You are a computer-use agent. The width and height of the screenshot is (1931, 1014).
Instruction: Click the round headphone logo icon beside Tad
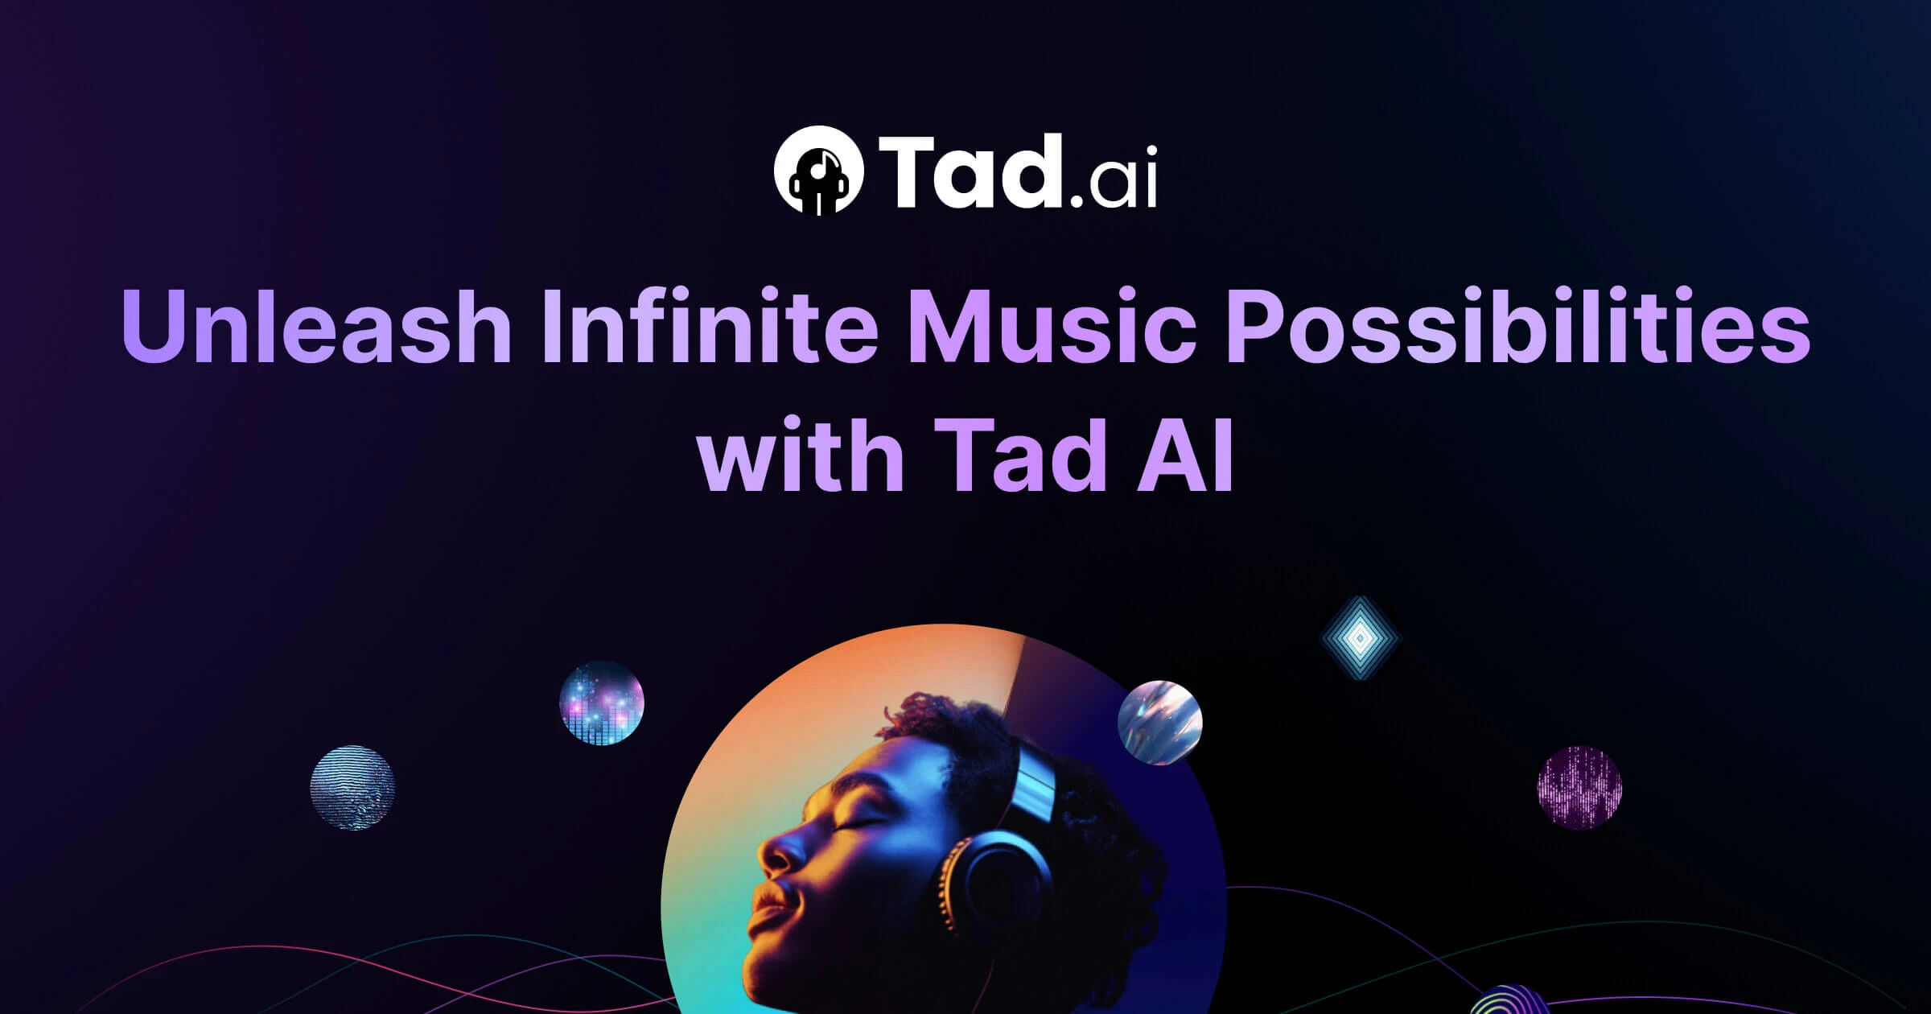(x=818, y=170)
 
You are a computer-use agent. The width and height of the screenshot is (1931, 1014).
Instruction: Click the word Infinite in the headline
(x=710, y=329)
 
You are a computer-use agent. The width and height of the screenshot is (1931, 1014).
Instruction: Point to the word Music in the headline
(x=1052, y=329)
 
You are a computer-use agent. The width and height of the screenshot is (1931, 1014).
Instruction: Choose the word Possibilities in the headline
(x=1518, y=329)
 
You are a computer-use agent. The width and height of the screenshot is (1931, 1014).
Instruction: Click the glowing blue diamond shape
(x=1360, y=638)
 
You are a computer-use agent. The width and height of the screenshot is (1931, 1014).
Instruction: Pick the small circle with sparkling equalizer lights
(x=602, y=703)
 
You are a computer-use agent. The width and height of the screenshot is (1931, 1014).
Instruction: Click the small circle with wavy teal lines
(x=352, y=787)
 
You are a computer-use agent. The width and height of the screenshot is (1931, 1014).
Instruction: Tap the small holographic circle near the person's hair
(x=1160, y=722)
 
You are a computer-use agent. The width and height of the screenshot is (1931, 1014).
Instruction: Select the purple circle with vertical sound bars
(x=1579, y=787)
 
